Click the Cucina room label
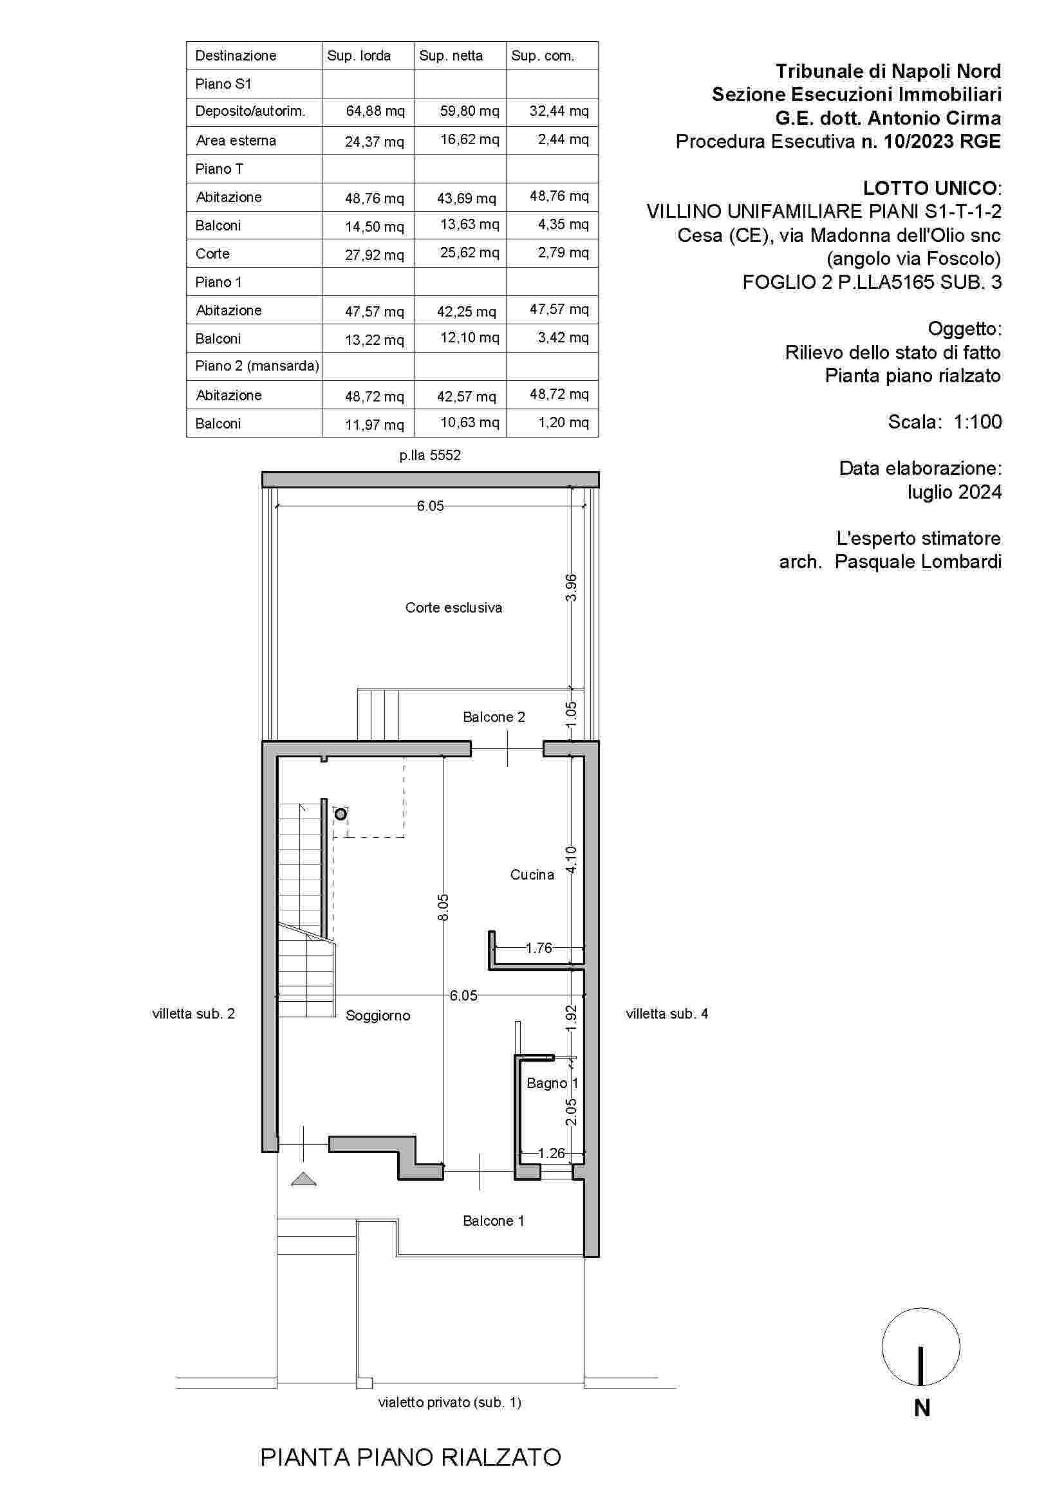click(532, 874)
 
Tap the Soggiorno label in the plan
click(378, 1015)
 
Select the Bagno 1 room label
click(552, 1083)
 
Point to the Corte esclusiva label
click(454, 607)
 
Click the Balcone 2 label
click(494, 717)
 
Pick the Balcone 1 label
click(493, 1221)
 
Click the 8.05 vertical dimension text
click(443, 907)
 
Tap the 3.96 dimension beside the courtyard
click(571, 587)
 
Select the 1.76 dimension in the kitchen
click(539, 948)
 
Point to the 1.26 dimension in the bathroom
click(551, 1153)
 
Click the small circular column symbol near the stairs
click(341, 814)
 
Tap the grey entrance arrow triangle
click(304, 1179)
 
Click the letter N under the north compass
click(922, 1408)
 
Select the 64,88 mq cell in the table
click(375, 111)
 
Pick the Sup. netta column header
click(451, 56)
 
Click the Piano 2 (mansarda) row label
click(257, 365)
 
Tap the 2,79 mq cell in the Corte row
click(563, 252)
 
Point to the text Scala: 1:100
click(945, 421)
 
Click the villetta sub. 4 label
click(667, 1013)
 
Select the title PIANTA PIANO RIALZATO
click(411, 1458)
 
